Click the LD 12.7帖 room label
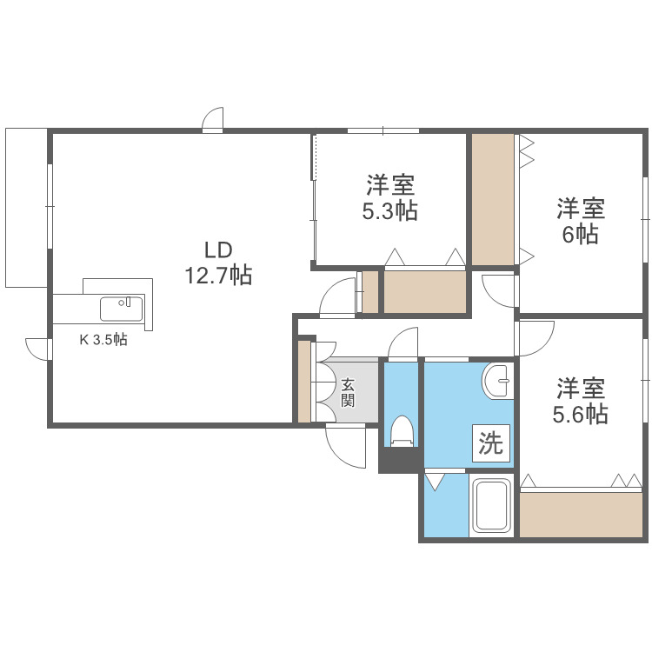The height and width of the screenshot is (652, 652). click(x=216, y=263)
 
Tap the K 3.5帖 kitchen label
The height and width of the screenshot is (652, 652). click(x=103, y=340)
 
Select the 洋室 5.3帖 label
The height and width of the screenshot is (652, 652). click(x=389, y=197)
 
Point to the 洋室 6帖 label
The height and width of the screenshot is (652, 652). click(x=581, y=221)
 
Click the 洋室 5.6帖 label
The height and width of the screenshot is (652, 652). click(x=581, y=401)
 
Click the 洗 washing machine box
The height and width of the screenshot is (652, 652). click(x=491, y=444)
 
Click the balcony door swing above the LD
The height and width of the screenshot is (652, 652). click(x=214, y=120)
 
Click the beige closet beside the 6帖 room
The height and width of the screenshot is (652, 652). click(x=494, y=198)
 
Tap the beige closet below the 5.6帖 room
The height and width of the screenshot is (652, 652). click(x=580, y=514)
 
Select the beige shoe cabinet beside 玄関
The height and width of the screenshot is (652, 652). click(x=304, y=382)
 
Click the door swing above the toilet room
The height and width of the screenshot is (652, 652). click(x=404, y=343)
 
